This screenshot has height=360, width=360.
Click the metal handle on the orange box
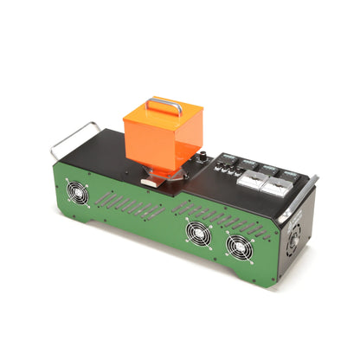[x=164, y=106]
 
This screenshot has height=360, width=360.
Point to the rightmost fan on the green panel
[x=238, y=247]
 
